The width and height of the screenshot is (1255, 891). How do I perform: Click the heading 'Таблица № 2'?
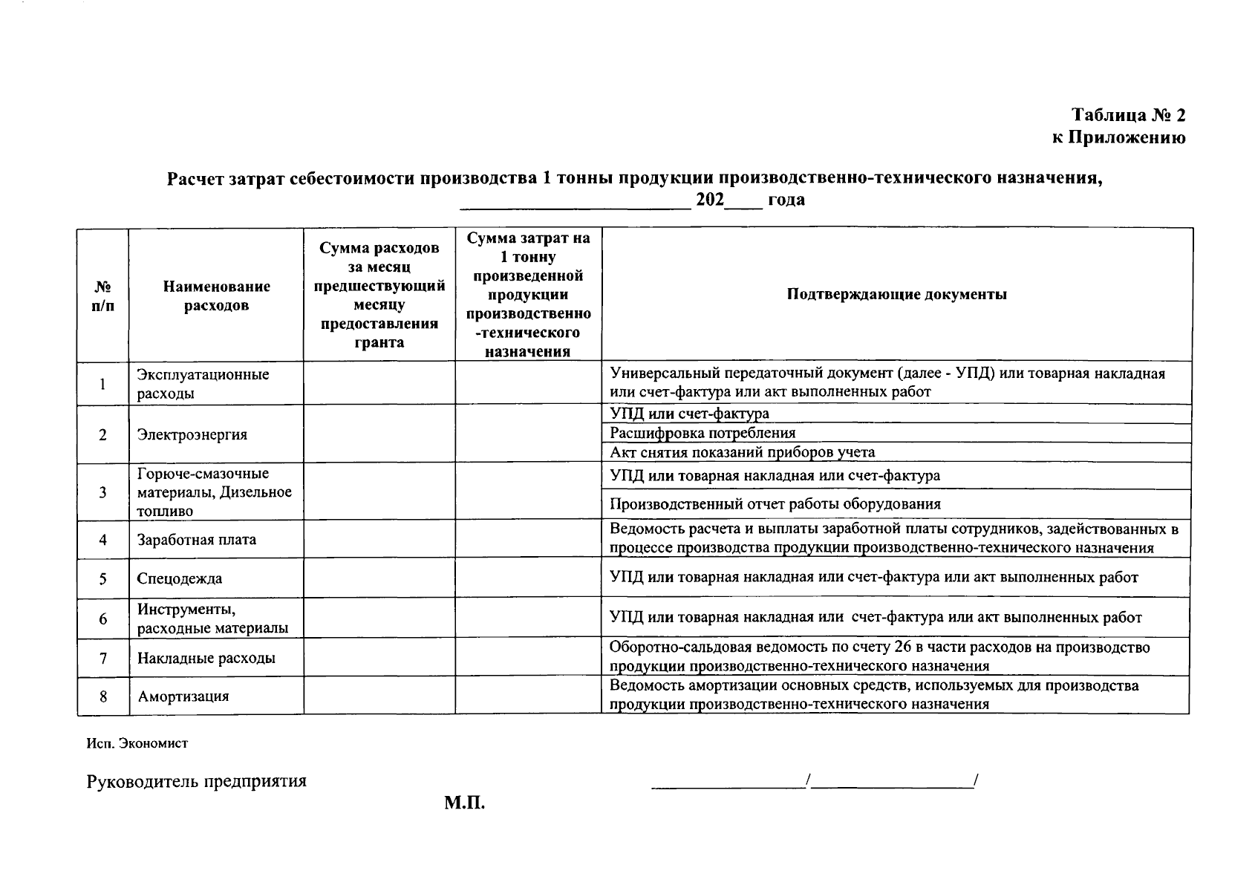pyautogui.click(x=1128, y=115)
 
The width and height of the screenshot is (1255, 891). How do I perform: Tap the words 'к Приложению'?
pyautogui.click(x=1118, y=137)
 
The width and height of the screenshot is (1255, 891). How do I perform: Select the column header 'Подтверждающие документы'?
pyautogui.click(x=896, y=294)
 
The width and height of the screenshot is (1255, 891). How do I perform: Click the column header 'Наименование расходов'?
pyautogui.click(x=216, y=296)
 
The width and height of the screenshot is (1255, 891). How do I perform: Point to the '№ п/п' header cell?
pyautogui.click(x=103, y=296)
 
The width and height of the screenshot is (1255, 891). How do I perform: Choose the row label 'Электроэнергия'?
pyautogui.click(x=192, y=434)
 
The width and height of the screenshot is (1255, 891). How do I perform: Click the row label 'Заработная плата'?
pyautogui.click(x=197, y=539)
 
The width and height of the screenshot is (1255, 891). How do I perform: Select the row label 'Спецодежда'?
pyautogui.click(x=179, y=578)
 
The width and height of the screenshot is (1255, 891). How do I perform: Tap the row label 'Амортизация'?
pyautogui.click(x=183, y=696)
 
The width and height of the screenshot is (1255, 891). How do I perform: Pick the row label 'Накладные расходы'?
pyautogui.click(x=206, y=658)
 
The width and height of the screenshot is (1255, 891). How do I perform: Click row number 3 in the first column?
pyautogui.click(x=102, y=492)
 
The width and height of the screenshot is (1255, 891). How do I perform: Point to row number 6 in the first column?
pyautogui.click(x=102, y=619)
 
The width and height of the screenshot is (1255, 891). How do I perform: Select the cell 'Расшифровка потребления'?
pyautogui.click(x=702, y=433)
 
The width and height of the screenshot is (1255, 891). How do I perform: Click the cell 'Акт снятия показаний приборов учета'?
pyautogui.click(x=742, y=452)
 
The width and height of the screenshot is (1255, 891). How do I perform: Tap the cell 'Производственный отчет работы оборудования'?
pyautogui.click(x=775, y=504)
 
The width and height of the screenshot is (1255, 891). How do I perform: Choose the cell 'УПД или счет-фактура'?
pyautogui.click(x=688, y=414)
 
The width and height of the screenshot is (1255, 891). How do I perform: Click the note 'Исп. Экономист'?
pyautogui.click(x=137, y=743)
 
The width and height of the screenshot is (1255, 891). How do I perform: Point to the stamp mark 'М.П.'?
pyautogui.click(x=464, y=803)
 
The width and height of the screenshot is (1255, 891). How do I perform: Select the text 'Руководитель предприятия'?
pyautogui.click(x=196, y=781)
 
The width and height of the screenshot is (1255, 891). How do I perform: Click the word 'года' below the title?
pyautogui.click(x=786, y=200)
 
